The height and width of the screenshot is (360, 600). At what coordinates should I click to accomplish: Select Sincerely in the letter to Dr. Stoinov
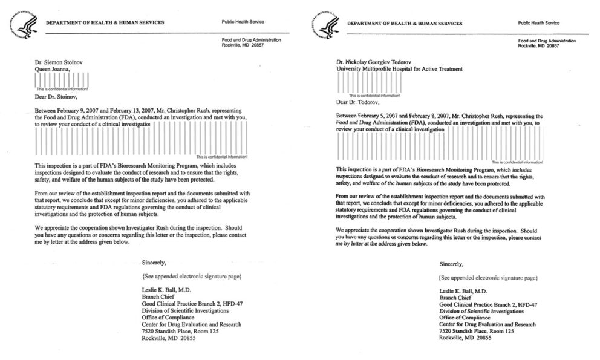tap(153, 263)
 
